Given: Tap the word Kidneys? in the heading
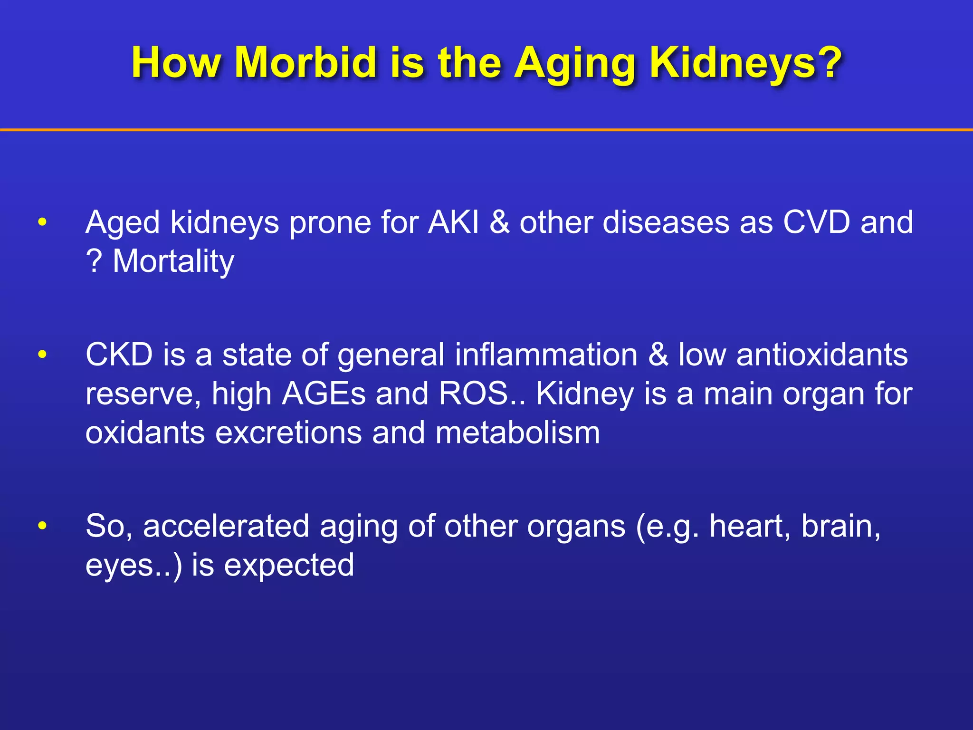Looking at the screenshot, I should click(x=745, y=63).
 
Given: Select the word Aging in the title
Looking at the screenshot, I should click(x=575, y=63).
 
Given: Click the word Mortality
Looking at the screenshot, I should click(x=173, y=261).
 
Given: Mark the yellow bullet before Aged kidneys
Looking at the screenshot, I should click(x=42, y=222).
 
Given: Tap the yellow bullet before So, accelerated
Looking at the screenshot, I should click(x=42, y=526).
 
